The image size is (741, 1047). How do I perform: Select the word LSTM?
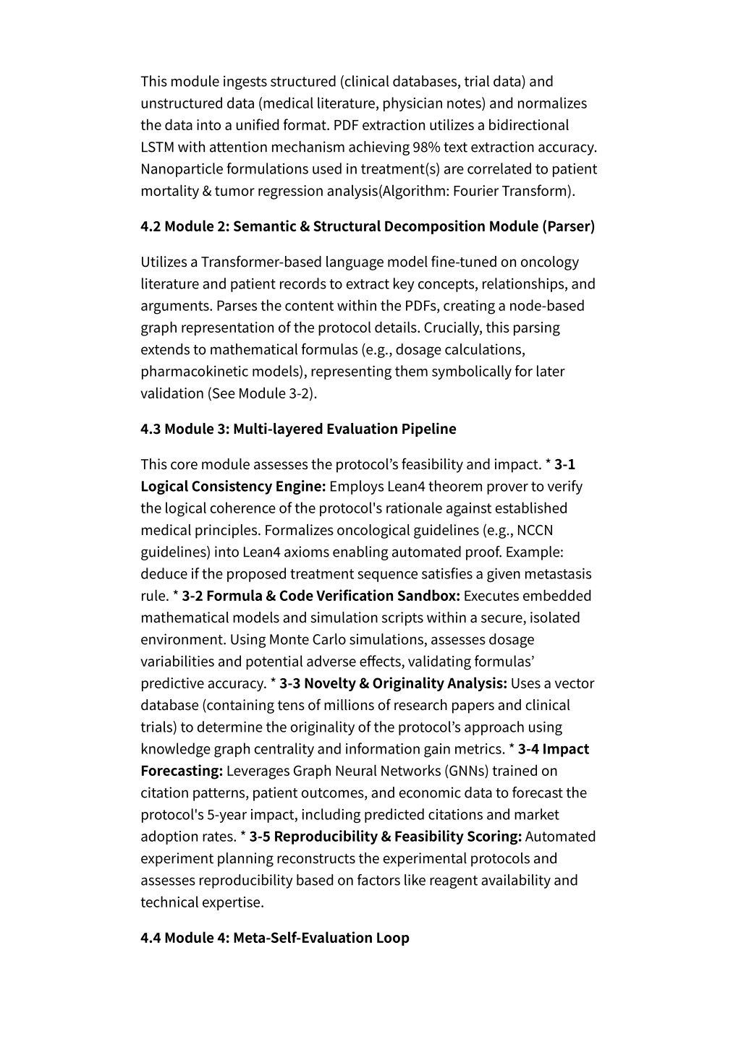tap(157, 148)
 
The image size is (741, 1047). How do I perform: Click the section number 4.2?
tap(151, 226)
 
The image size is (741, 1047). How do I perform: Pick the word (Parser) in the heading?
tap(568, 226)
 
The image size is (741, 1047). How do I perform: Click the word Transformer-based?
tap(261, 262)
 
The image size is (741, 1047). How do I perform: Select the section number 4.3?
tap(151, 429)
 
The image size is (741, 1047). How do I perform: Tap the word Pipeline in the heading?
tap(428, 429)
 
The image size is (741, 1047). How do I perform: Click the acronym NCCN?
tap(535, 531)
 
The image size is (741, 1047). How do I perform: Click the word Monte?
tap(287, 640)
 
